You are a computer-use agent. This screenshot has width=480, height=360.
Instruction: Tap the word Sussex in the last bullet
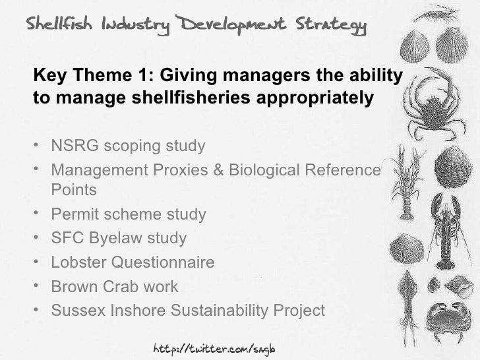76,310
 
